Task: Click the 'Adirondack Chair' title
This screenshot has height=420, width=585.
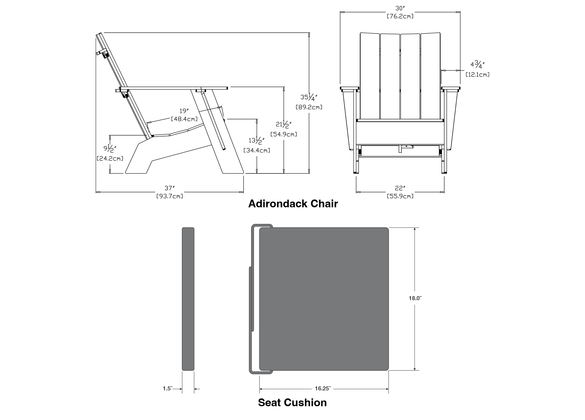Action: point(293,204)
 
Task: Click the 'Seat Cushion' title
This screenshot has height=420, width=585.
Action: point(292,402)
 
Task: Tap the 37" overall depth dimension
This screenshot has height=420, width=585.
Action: point(169,188)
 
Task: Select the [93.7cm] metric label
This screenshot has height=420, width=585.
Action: point(169,196)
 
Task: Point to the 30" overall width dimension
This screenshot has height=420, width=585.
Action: point(400,8)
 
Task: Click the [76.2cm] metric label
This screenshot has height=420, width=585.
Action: point(400,16)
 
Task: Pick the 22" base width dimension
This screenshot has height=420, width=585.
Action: point(400,188)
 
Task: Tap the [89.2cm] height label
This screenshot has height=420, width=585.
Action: point(309,107)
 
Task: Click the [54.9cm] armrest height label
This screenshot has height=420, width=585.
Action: point(284,134)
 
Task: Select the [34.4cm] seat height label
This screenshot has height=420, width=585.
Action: point(257,150)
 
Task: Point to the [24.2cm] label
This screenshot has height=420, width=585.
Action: point(110,158)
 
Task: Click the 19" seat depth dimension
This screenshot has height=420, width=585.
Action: point(184,111)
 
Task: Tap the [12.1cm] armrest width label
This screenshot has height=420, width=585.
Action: point(477,74)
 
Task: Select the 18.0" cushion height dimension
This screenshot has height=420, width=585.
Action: point(415,298)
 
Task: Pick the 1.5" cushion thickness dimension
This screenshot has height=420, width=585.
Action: point(168,388)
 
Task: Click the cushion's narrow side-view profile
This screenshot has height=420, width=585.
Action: point(188,299)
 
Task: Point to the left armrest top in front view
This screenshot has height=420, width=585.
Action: point(350,88)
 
